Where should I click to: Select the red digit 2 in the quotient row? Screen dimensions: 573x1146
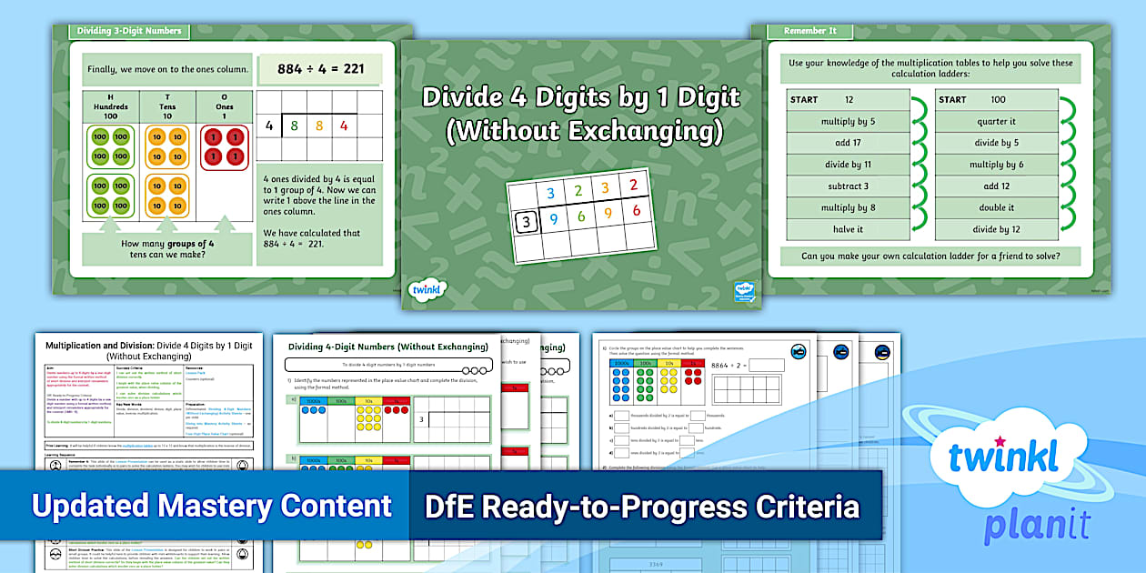coord(634,186)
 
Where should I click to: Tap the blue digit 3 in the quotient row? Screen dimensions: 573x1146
coord(548,193)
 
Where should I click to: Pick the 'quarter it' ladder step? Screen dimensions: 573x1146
coord(996,121)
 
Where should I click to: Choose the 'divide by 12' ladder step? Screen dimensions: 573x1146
coord(996,229)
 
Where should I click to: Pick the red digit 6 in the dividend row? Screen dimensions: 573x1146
coord(636,211)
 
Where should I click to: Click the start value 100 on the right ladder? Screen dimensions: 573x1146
coord(998,99)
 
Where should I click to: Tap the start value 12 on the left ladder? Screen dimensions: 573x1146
coord(849,99)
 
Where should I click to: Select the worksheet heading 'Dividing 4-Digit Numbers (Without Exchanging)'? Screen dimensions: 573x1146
coord(388,347)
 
